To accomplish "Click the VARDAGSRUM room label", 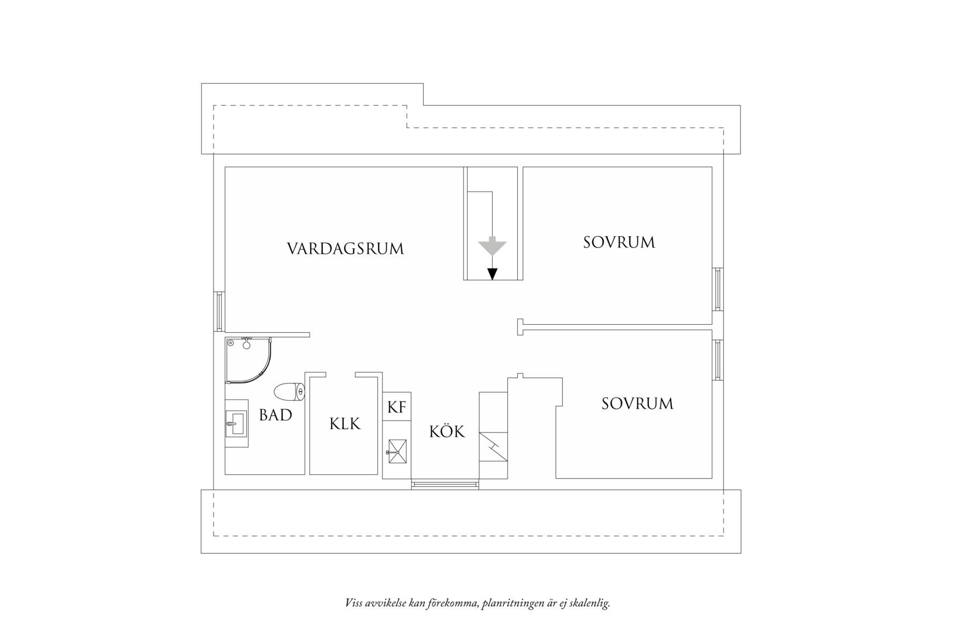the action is pos(345,249).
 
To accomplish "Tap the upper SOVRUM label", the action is pos(619,243).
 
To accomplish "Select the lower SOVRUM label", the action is pos(637,404).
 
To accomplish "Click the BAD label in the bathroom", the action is pos(275,415).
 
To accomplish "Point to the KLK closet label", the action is pos(345,424).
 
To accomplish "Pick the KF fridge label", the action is pos(396,408).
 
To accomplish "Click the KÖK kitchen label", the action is pos(447,432).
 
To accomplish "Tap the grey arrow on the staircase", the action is pos(493,247).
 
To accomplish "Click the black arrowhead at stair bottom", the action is pos(493,274).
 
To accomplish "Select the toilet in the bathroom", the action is pos(289,392).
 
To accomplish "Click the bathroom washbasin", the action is pos(236,423).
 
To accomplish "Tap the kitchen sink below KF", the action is pos(396,451).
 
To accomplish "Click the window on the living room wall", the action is pos(219,311).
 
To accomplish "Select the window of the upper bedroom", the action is pos(718,289).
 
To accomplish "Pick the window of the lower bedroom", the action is pos(718,360).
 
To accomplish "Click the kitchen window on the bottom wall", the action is pos(445,485).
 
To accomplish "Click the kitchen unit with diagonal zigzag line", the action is pos(493,446).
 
